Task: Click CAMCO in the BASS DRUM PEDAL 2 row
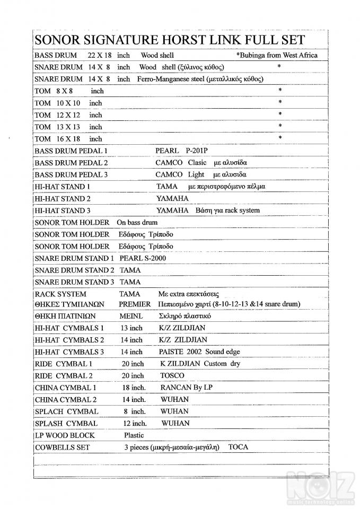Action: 169,163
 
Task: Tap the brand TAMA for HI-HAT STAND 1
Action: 167,187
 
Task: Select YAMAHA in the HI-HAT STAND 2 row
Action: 173,198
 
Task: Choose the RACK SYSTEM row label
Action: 60,294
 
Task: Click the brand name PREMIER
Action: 135,304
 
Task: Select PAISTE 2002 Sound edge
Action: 199,352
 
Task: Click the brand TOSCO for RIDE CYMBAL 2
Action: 172,375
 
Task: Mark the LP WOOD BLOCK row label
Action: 65,435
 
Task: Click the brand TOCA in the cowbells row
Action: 238,447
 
